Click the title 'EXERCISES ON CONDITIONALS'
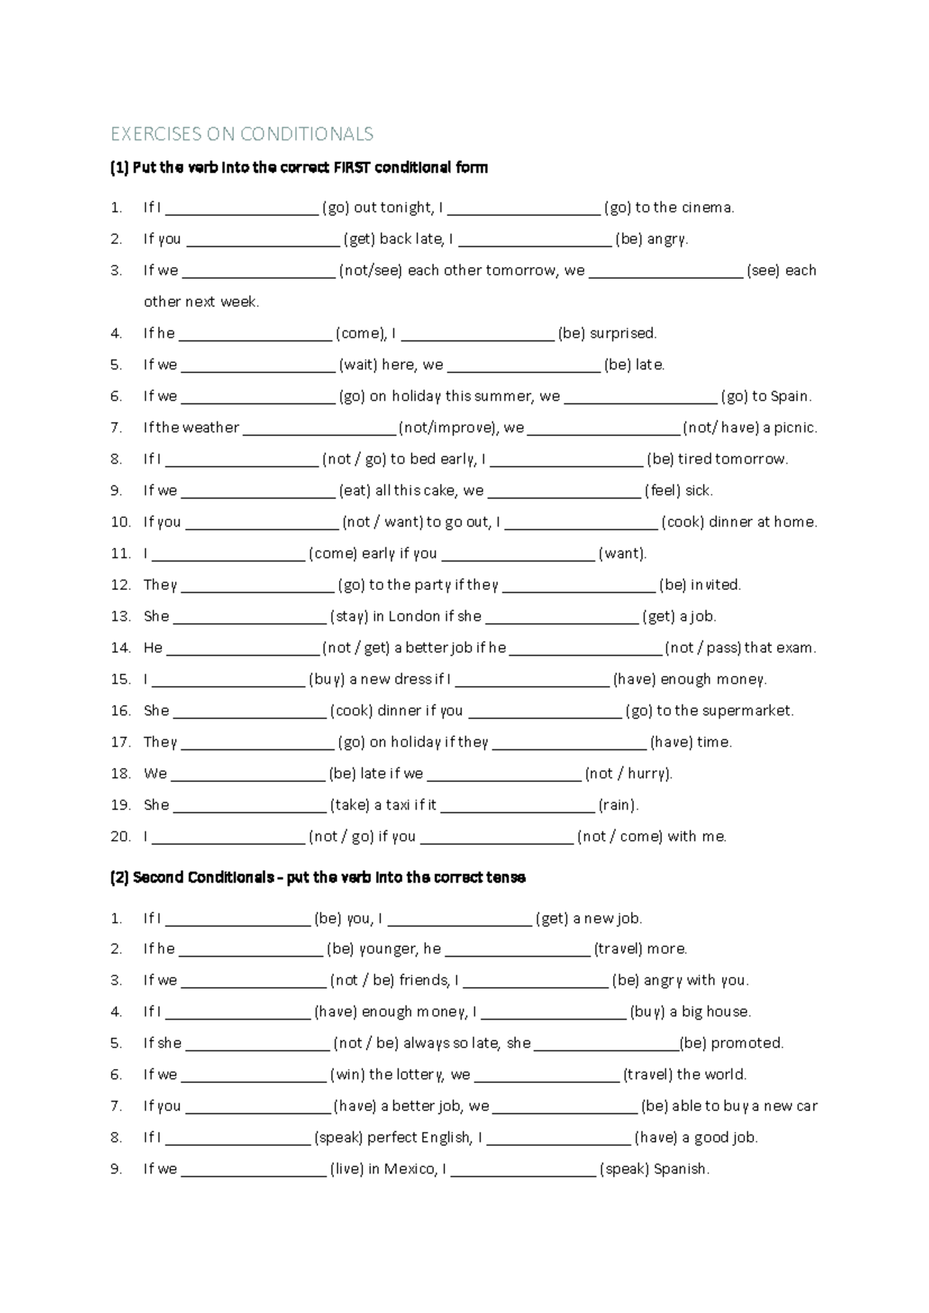242,134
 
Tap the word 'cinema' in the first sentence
704,207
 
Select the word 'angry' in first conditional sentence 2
666,239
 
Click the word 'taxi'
397,805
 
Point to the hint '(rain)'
618,805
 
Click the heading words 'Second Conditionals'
203,878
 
